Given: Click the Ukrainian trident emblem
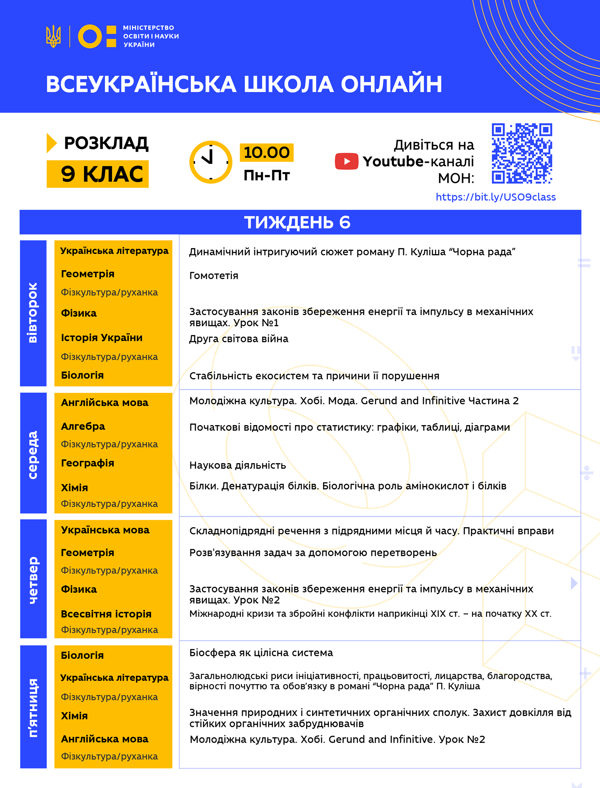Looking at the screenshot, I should click(53, 36).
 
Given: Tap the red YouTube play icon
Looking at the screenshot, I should click(346, 161).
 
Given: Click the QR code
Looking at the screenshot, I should click(522, 154).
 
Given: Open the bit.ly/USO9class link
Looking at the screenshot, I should click(495, 197).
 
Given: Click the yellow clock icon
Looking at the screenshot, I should click(211, 162).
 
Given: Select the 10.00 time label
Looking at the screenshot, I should click(267, 153).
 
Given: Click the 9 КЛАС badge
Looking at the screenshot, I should click(98, 174).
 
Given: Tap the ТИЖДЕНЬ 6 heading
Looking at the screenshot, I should click(297, 222).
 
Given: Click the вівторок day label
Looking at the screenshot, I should click(33, 313).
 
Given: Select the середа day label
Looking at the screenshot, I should click(33, 454).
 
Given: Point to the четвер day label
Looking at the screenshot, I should click(33, 580).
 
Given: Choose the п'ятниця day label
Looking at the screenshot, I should click(33, 708).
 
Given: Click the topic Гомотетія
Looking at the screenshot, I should click(214, 275).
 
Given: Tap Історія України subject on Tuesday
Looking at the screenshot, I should click(102, 338).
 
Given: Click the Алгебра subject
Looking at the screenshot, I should click(83, 426).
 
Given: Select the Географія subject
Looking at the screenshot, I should click(88, 463).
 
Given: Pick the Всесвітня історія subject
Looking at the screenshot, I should click(106, 614).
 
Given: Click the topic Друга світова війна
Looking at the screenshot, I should click(239, 339).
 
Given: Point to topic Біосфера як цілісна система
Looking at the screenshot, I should click(261, 653).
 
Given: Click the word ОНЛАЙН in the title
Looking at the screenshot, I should click(392, 84).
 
